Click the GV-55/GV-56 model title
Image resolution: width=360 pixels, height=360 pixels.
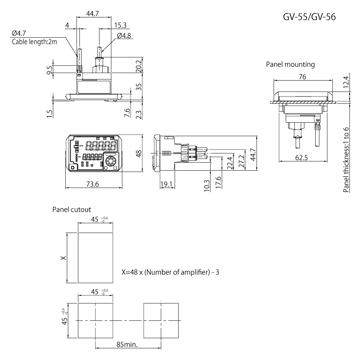click(309, 17)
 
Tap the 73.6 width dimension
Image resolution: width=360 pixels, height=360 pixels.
click(93, 184)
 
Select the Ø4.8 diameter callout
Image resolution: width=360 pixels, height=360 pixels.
click(124, 36)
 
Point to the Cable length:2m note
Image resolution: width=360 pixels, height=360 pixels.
click(34, 42)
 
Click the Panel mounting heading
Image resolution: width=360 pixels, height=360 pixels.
click(290, 65)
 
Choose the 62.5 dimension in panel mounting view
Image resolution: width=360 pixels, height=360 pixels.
click(302, 158)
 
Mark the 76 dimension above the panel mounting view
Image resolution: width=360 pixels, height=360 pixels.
click(302, 77)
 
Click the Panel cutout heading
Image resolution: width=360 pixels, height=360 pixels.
click(71, 209)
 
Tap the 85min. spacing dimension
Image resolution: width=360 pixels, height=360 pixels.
click(127, 344)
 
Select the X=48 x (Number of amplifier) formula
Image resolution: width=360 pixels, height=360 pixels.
click(170, 272)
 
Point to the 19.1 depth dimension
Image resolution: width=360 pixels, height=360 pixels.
click(166, 184)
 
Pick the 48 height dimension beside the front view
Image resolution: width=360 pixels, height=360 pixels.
click(139, 154)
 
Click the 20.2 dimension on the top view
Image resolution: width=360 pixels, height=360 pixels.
click(139, 66)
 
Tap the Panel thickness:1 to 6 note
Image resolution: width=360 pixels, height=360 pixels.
click(346, 160)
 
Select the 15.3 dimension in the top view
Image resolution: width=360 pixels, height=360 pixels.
click(120, 25)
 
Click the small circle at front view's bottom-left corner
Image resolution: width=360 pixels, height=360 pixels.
click(73, 167)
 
